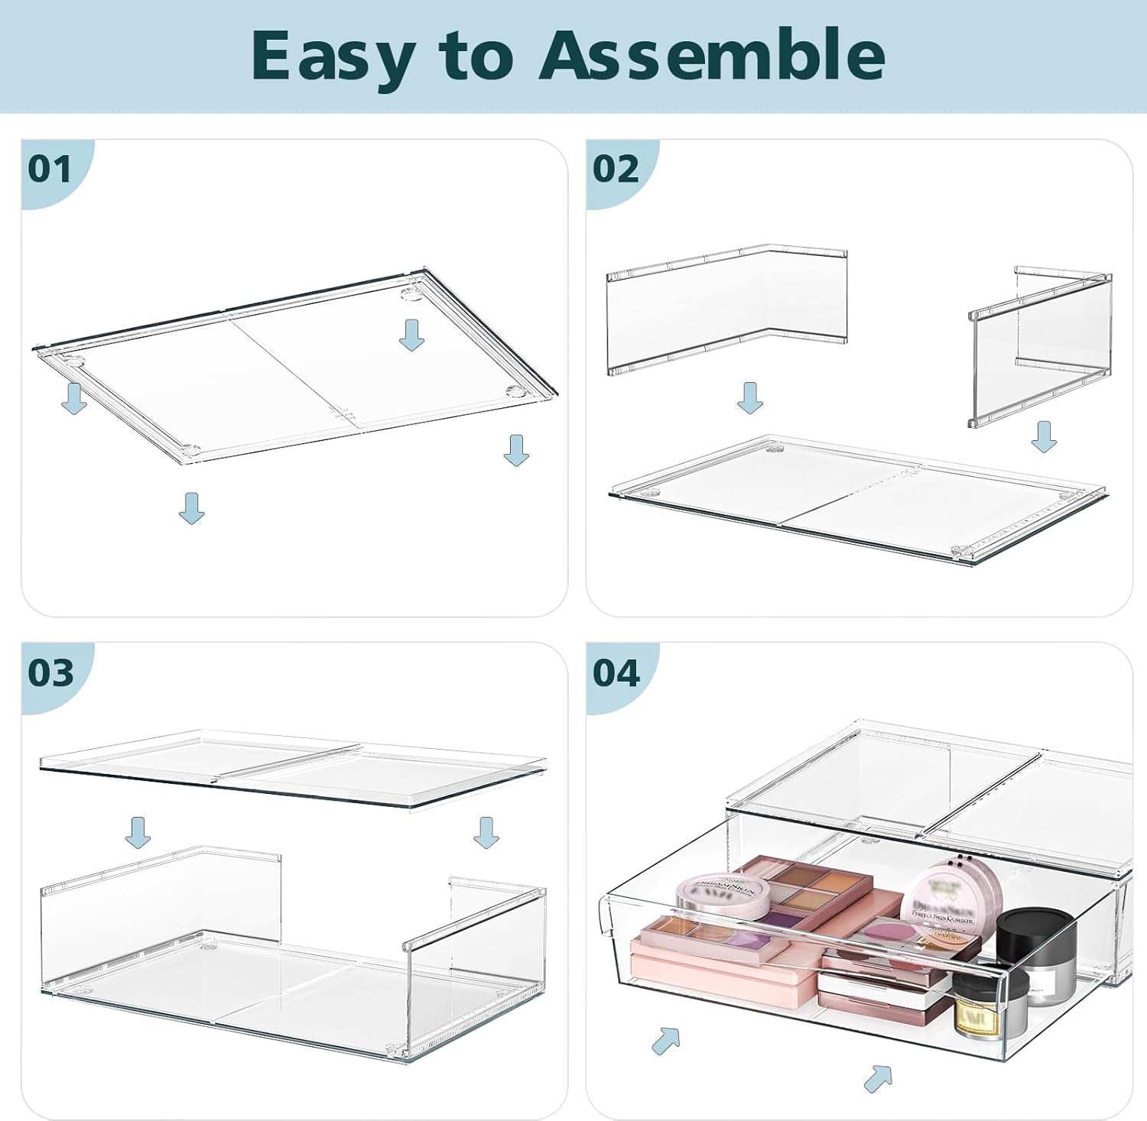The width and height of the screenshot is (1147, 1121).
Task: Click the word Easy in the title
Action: (x=332, y=57)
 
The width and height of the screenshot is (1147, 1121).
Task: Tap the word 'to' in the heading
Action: (x=475, y=57)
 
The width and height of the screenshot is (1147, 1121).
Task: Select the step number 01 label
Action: (x=50, y=169)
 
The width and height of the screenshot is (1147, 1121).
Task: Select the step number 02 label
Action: (x=616, y=169)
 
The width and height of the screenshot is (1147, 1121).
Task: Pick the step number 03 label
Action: (x=50, y=673)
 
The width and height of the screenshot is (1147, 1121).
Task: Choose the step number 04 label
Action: (x=616, y=673)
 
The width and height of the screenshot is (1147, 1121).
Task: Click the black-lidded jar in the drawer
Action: (x=1036, y=944)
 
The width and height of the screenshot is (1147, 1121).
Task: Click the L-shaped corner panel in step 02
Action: (x=726, y=309)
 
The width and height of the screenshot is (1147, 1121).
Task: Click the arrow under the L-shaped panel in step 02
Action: (x=750, y=398)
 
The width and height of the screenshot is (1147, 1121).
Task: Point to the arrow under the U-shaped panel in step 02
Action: (x=1044, y=436)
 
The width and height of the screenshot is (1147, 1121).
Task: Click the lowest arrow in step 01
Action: (x=192, y=508)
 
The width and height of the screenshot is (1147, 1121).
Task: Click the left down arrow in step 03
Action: (x=138, y=832)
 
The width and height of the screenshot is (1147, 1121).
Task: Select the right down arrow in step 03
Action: (x=486, y=832)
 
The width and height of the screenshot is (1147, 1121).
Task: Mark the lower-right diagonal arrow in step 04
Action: (x=879, y=1077)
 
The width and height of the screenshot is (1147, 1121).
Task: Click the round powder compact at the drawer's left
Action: (x=723, y=894)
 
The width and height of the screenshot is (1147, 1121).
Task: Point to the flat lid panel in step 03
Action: (x=291, y=768)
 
